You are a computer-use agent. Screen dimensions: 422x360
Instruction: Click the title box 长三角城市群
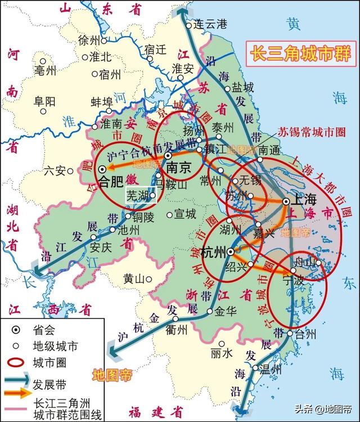[x=301, y=54]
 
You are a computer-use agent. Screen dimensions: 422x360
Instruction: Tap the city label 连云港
[x=209, y=24]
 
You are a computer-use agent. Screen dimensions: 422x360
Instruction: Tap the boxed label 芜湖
[x=138, y=196]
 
